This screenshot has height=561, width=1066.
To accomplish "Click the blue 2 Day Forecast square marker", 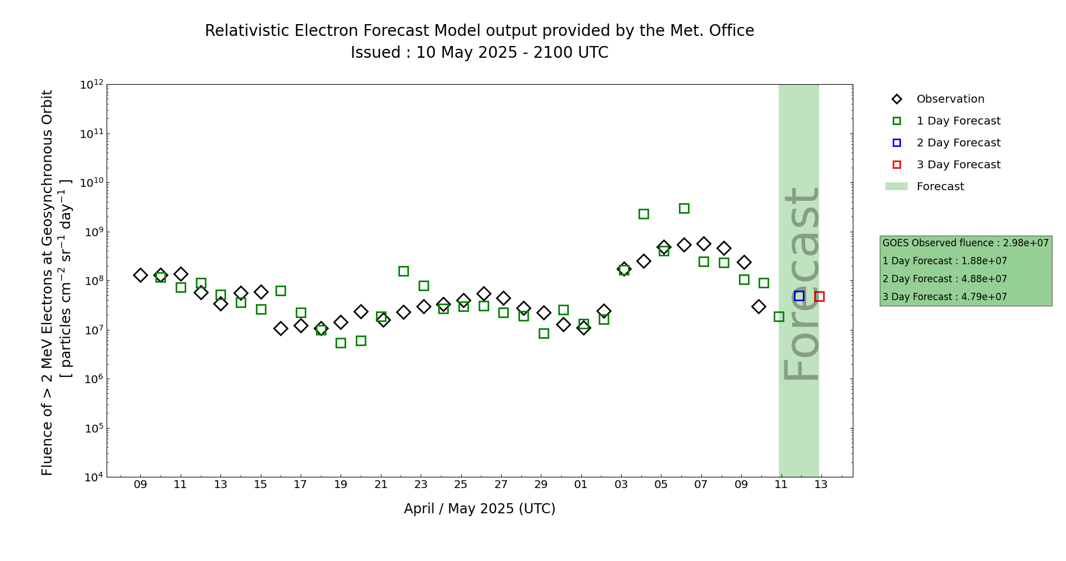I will (x=799, y=296).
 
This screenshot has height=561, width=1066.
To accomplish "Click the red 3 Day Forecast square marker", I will (x=819, y=296).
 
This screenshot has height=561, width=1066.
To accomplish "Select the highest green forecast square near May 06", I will (x=684, y=208).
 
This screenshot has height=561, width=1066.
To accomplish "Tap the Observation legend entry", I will (x=950, y=99).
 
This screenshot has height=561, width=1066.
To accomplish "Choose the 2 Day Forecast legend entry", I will (x=958, y=143).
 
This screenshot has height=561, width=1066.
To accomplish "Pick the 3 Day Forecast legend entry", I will (x=958, y=165).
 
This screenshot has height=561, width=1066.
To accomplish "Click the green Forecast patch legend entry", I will (x=940, y=187).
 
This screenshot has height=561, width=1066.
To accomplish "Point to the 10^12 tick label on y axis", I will (x=91, y=85).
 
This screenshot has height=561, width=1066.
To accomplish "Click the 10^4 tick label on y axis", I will (x=91, y=477).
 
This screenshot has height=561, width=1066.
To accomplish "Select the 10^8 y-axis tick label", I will (x=91, y=281).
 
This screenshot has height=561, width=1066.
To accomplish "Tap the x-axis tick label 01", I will (x=581, y=485).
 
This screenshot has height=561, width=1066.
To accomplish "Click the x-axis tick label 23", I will (x=421, y=485).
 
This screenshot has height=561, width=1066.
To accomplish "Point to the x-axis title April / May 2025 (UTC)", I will (x=480, y=509).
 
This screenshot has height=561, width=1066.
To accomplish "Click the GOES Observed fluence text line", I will (x=965, y=243).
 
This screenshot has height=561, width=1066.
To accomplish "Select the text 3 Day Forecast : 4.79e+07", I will (x=945, y=297).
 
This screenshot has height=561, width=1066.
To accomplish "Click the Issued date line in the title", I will (x=480, y=53).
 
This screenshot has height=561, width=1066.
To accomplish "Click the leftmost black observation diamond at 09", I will (x=140, y=275).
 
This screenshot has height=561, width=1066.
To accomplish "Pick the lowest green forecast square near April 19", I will (x=341, y=343).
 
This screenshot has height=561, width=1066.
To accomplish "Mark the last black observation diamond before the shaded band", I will (x=759, y=306).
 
